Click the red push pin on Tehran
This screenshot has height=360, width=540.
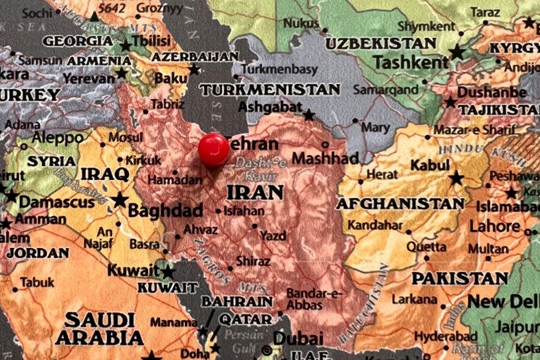click(x=214, y=149)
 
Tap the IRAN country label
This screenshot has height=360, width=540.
click(x=255, y=192)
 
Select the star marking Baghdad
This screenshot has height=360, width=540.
click(x=120, y=199)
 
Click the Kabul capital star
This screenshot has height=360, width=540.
click(x=457, y=178)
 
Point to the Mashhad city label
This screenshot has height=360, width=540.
click(x=325, y=158)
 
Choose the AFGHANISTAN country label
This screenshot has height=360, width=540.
click(x=400, y=204)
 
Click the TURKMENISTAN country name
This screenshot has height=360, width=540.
click(x=270, y=90)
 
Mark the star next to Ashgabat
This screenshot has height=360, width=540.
click(x=309, y=114)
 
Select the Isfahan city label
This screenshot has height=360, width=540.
click(x=244, y=211)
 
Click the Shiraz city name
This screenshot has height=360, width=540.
click(x=253, y=261)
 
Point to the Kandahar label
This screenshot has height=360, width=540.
click(x=375, y=226)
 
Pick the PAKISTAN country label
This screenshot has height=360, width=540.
click(x=460, y=278)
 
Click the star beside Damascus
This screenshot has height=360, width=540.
click(x=10, y=196)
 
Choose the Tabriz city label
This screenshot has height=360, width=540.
click(x=167, y=104)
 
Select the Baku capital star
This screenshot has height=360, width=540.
click(x=194, y=70)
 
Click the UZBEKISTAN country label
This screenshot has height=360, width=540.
click(x=380, y=43)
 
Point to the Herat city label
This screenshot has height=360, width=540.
click(x=382, y=175)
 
